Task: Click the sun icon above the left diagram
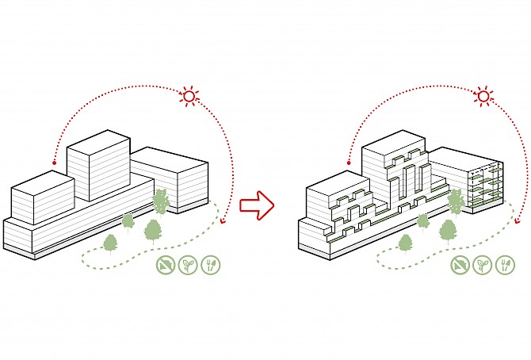point(189,96)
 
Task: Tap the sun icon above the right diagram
point(483,97)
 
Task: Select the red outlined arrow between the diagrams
point(256,205)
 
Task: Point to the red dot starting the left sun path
point(53,163)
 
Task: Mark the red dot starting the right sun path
point(347,163)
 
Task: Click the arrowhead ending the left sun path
point(223,222)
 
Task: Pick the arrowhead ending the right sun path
point(517,223)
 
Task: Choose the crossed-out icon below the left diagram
point(166,265)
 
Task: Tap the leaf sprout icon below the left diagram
point(188,265)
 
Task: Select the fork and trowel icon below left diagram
point(211,265)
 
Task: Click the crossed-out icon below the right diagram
point(460,265)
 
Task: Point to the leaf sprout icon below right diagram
point(482,265)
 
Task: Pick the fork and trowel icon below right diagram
point(505,265)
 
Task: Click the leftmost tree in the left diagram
point(110,242)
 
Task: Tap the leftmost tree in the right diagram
point(405,242)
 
